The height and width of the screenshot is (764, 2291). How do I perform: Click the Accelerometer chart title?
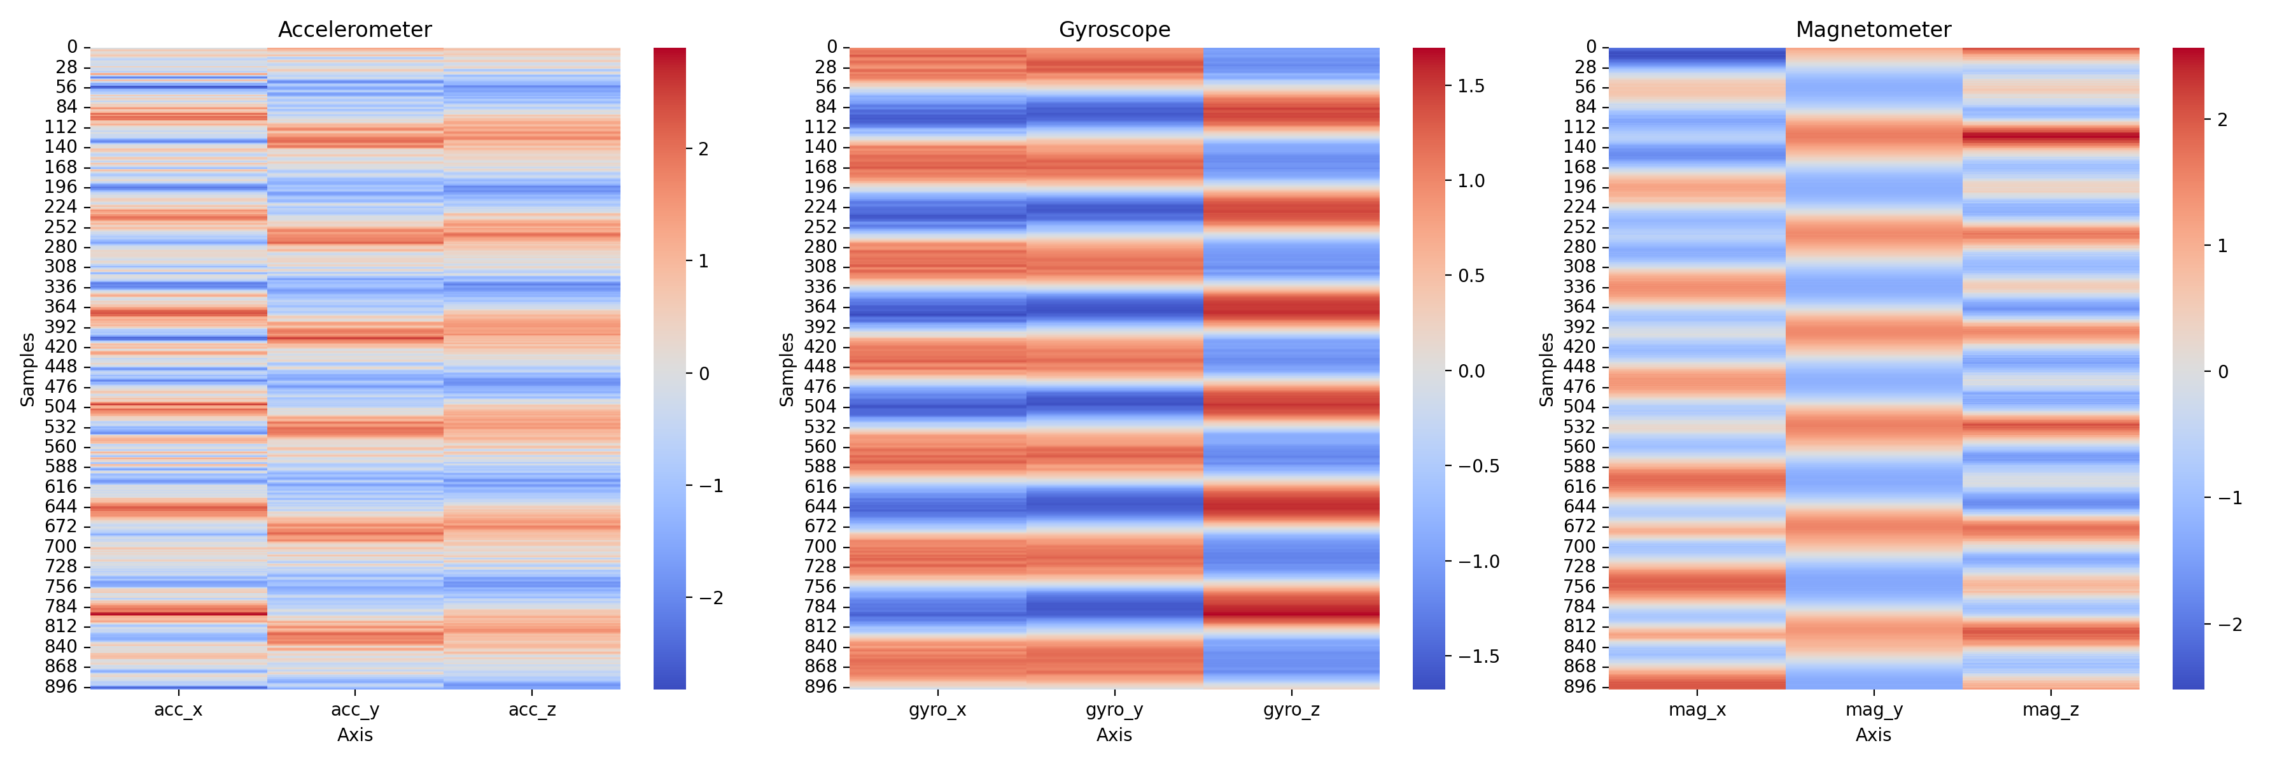pos(355,29)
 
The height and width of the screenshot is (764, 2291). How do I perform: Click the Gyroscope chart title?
pos(1114,29)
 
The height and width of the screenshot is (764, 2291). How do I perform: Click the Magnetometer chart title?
pos(1873,29)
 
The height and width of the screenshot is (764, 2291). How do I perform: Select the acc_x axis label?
pos(178,710)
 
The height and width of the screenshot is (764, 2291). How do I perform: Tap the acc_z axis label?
pos(532,710)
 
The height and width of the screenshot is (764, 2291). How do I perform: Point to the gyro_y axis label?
pos(1114,710)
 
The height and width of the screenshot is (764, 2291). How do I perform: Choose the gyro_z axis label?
pos(1291,710)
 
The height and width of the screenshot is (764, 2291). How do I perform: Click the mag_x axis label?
pos(1697,710)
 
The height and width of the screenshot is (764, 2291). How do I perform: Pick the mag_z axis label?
pos(2050,710)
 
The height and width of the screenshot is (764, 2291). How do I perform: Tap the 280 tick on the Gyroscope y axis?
pos(820,247)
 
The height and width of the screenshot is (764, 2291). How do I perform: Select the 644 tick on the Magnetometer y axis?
pos(1580,507)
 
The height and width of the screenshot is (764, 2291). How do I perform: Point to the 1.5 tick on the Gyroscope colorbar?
pos(1471,87)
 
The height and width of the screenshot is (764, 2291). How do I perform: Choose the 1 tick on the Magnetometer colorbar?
pos(2222,246)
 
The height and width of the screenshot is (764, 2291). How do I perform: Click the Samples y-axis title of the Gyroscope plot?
pos(786,369)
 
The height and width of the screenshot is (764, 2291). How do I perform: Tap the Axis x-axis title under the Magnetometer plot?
pos(1873,735)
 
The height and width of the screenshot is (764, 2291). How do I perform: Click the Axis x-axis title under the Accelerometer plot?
pos(355,735)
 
